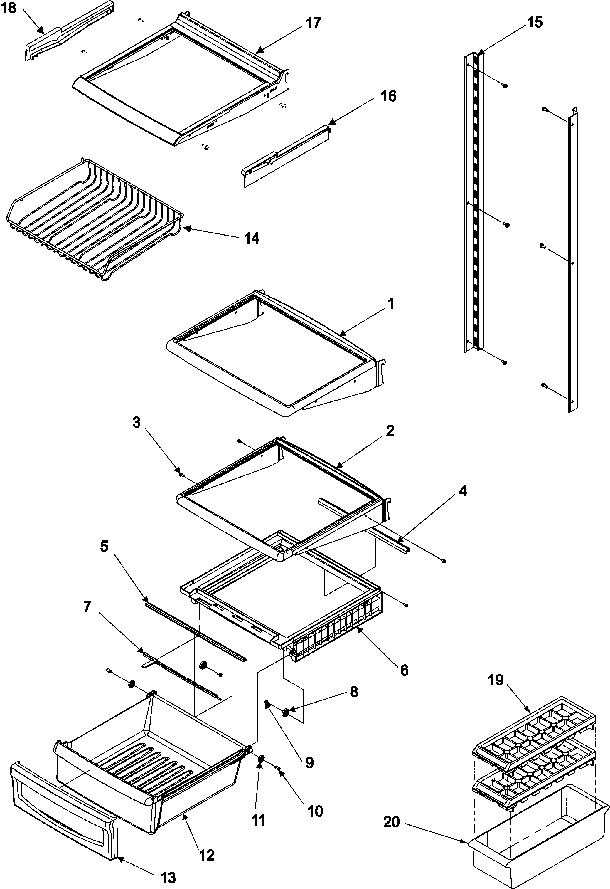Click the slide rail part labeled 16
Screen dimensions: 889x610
tap(287, 155)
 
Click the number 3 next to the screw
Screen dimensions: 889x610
tap(137, 423)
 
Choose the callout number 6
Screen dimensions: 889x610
tap(404, 670)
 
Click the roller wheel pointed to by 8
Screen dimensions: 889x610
tap(285, 713)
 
